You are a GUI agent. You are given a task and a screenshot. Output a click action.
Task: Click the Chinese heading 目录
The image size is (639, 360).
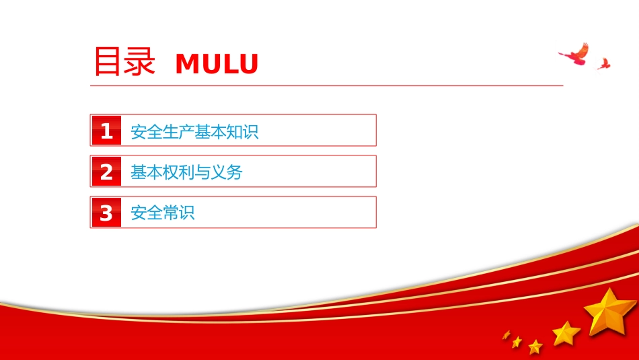coord(124,61)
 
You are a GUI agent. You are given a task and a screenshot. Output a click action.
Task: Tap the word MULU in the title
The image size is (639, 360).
coord(217,64)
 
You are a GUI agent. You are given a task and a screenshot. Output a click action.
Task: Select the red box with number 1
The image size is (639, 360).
coord(106,131)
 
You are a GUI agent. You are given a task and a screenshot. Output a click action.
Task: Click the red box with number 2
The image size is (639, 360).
coord(106,171)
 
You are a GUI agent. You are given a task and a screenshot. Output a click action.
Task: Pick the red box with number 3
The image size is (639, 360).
coord(106,212)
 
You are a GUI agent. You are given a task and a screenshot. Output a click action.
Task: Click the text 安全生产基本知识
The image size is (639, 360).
coord(194,132)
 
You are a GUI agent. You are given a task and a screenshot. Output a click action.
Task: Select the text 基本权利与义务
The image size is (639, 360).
coord(186,172)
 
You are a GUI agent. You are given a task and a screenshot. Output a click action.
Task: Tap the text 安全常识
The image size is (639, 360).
coord(163,213)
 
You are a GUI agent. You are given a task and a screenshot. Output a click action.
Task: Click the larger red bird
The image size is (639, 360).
coord(574,55)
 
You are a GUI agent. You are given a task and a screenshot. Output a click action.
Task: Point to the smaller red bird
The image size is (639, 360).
coord(604,64)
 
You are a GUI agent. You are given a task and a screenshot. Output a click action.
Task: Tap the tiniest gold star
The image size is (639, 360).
coord(506,334)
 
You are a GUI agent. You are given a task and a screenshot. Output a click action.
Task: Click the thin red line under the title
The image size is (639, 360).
coord(326,86)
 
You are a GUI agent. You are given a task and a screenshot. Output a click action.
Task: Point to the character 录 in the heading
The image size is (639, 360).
coord(140,61)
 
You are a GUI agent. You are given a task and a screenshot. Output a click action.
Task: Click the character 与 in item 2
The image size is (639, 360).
coord(202,172)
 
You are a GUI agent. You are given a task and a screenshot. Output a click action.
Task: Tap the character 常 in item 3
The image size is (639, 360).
coord(171,213)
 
